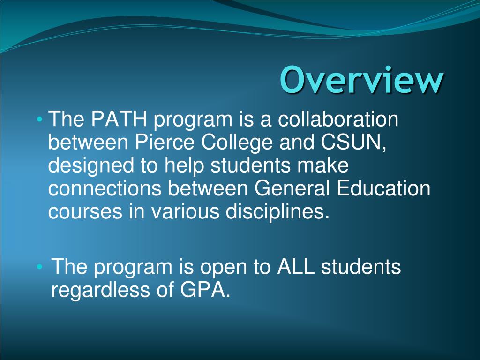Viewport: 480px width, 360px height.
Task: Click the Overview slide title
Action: coord(361,80)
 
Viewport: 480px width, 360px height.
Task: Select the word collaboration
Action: coord(337,120)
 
